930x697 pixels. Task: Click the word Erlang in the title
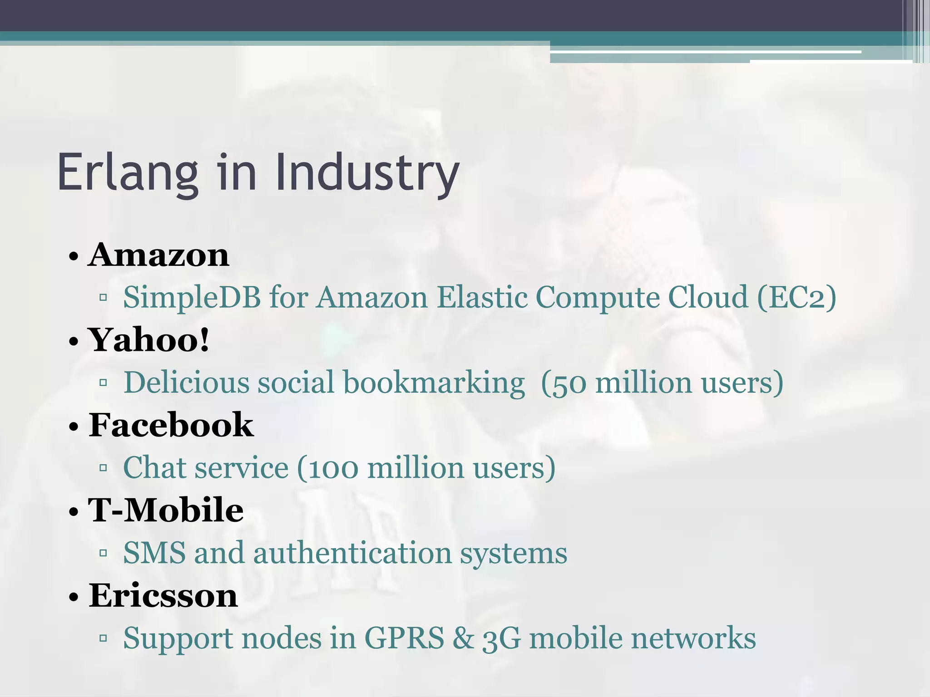click(128, 173)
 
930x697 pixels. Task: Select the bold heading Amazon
click(158, 255)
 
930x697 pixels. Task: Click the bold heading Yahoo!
click(149, 340)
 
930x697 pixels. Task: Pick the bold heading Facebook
click(171, 425)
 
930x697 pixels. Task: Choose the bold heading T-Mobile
click(166, 510)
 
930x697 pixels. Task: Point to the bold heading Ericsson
click(163, 595)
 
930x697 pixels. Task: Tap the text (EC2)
click(796, 297)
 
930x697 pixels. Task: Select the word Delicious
click(186, 382)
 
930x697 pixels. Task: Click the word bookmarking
click(434, 382)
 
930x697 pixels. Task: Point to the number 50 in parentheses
click(569, 383)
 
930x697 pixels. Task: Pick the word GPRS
click(404, 638)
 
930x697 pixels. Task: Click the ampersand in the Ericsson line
click(463, 638)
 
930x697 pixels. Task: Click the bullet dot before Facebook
click(74, 427)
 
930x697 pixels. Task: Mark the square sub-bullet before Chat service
click(103, 467)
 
